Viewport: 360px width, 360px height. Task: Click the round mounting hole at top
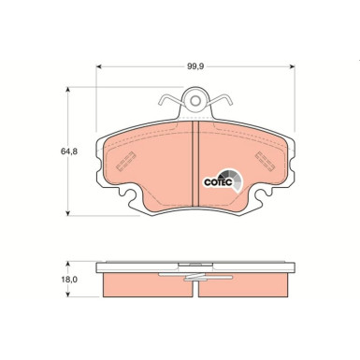[193, 97]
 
